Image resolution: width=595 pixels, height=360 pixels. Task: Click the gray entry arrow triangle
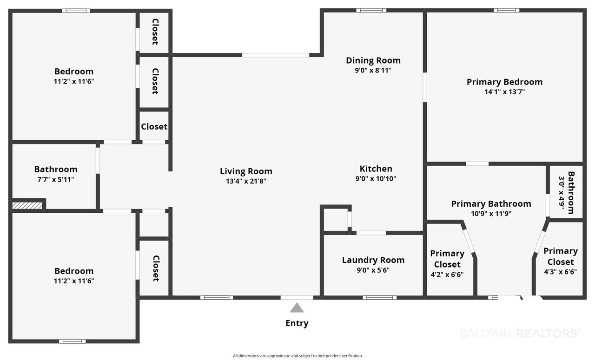point(297,308)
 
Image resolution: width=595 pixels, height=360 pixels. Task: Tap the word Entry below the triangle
point(297,323)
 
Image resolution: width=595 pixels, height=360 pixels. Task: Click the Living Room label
point(246,171)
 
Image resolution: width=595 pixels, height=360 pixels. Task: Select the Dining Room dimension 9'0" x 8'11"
point(373,70)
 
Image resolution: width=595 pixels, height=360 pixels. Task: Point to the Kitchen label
point(376,169)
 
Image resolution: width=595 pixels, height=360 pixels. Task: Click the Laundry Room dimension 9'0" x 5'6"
point(373,270)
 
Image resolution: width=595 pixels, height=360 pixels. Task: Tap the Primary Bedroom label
point(505,82)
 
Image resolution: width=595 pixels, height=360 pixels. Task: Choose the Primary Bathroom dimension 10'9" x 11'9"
point(491,214)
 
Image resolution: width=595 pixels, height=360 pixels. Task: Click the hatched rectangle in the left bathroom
point(27,205)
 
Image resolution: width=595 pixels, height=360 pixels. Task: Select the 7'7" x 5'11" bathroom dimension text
point(56,180)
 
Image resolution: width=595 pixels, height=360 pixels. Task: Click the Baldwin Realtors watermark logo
point(520,333)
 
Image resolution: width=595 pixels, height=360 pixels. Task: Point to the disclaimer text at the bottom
point(297,356)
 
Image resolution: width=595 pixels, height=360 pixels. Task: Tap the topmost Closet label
point(155,32)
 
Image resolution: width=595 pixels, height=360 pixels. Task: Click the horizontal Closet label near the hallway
point(154,127)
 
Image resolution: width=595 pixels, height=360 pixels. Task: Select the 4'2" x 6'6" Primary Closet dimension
point(447,275)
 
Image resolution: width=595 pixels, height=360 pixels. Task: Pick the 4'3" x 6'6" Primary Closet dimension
point(561,272)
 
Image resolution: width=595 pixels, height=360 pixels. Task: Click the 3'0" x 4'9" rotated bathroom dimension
point(562,192)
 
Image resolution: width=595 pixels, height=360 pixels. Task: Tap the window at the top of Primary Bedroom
point(507,10)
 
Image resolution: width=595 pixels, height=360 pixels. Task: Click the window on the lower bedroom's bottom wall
point(72,341)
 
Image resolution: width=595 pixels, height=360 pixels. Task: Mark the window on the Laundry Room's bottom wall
point(380,298)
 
